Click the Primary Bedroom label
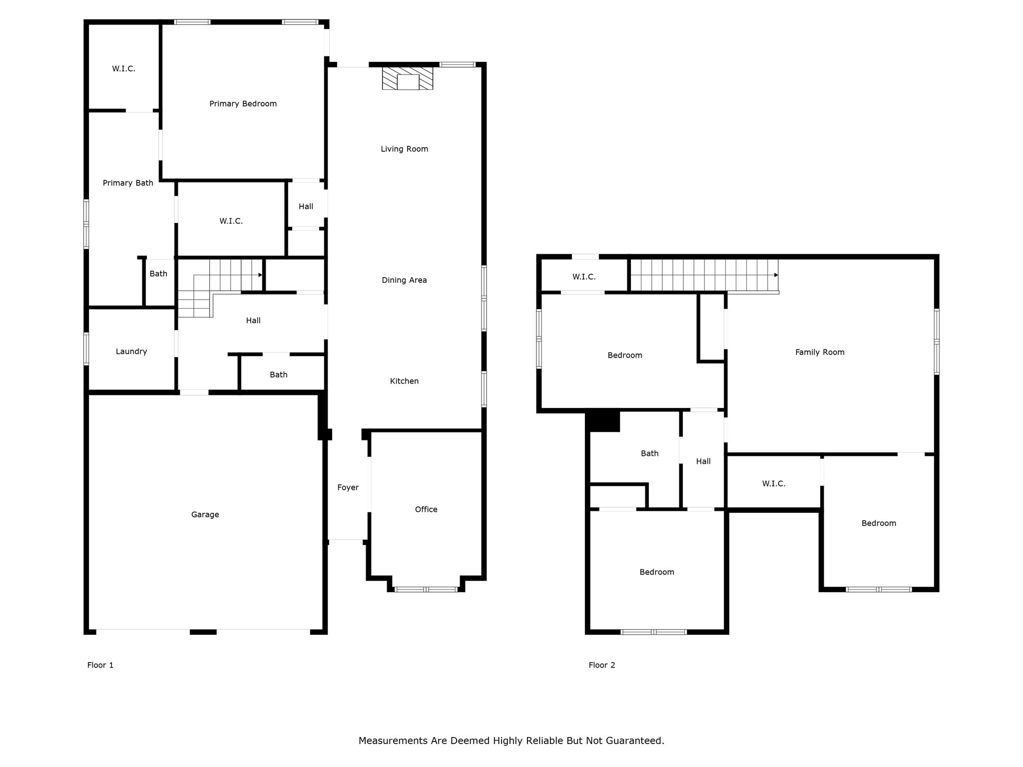point(243,104)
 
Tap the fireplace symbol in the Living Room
point(408,78)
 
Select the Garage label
point(205,515)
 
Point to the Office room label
point(426,509)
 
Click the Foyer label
point(348,488)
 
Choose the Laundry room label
point(131,352)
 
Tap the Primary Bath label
point(128,183)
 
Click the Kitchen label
point(405,382)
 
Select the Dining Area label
point(405,280)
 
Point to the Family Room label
point(820,353)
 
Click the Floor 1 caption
point(100,665)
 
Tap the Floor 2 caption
point(602,665)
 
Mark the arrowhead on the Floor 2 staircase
point(776,275)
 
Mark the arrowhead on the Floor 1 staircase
point(260,275)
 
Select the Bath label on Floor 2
point(649,453)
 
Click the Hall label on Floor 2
point(703,461)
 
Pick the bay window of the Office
point(426,589)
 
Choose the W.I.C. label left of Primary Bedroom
point(124,69)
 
